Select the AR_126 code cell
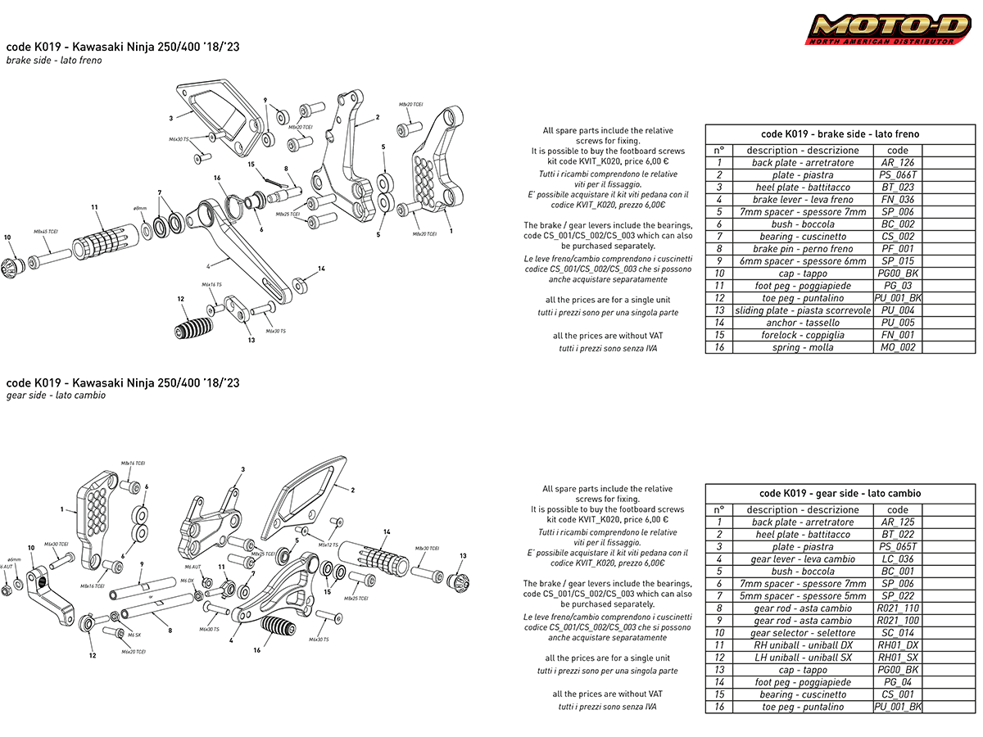[x=898, y=163]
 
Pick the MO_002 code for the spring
[x=898, y=347]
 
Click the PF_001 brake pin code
[x=898, y=249]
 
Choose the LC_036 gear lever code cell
[x=898, y=559]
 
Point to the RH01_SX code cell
[x=898, y=658]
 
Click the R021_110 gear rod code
[x=898, y=608]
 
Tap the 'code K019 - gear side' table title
[x=840, y=494]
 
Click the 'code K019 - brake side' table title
[x=840, y=134]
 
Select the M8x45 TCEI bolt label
[x=46, y=232]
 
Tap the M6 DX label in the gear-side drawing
[x=187, y=580]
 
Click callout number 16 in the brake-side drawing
[x=217, y=178]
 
